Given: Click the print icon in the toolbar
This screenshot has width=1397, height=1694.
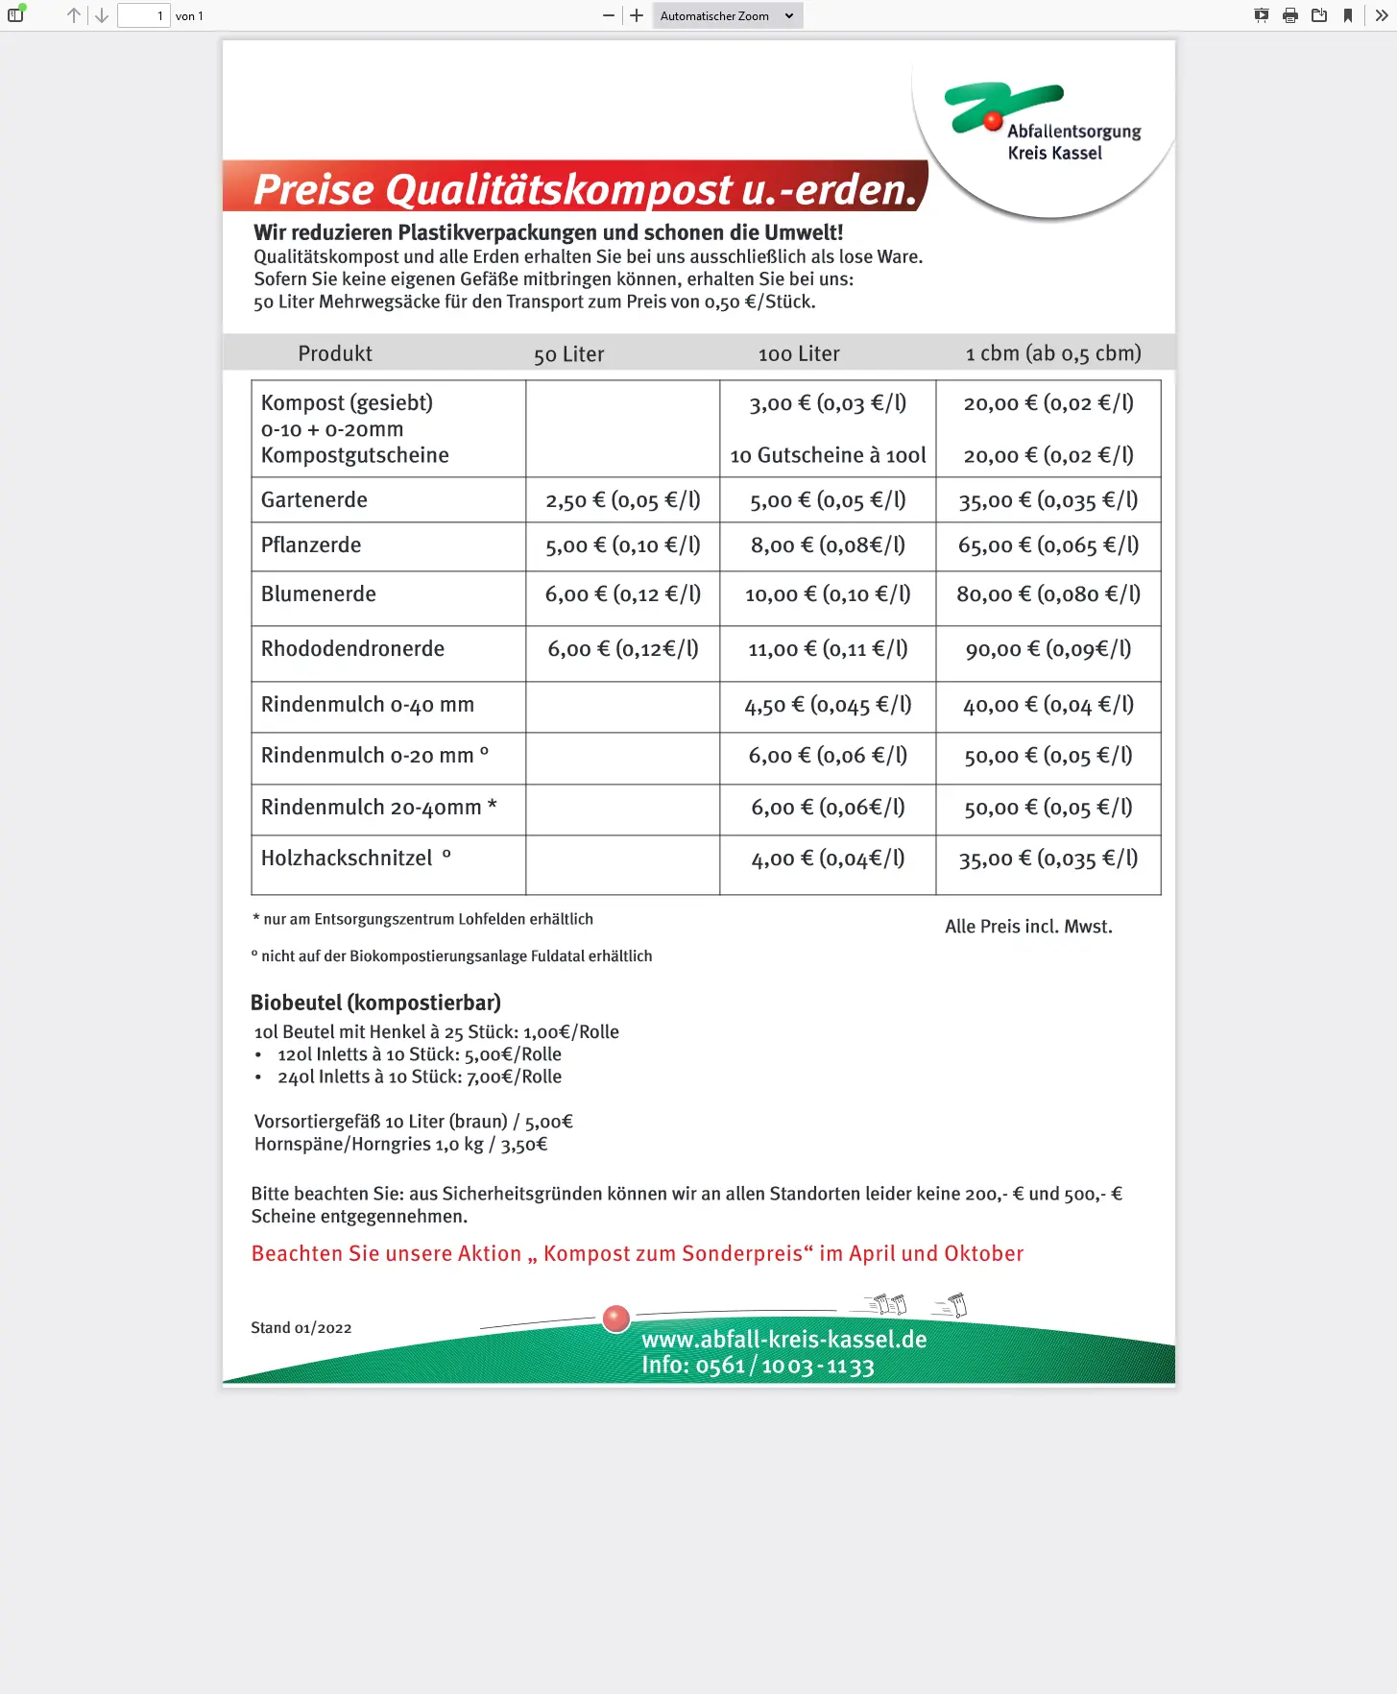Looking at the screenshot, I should click(1290, 15).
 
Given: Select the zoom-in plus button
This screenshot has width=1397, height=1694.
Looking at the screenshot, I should click(637, 15).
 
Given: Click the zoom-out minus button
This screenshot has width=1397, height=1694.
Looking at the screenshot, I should click(609, 15).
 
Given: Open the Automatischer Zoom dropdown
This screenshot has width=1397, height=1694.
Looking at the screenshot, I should click(727, 15).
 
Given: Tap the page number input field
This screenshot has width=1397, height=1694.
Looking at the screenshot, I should click(143, 15).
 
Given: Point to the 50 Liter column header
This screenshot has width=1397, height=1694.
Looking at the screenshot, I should click(568, 354).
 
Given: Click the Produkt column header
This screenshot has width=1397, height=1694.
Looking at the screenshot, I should click(335, 353).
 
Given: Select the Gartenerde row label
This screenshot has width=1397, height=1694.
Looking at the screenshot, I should click(314, 500).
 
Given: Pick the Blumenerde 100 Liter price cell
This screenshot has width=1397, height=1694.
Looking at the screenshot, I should click(828, 594).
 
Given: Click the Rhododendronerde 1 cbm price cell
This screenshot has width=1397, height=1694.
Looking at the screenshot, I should click(1048, 649).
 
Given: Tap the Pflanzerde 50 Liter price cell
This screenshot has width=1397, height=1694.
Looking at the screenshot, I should click(622, 545).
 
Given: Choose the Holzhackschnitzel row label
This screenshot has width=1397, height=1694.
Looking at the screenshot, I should click(347, 859).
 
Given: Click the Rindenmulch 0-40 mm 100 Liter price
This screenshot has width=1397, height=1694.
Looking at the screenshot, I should click(828, 706).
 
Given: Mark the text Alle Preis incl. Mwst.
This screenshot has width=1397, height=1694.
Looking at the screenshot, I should click(1028, 927).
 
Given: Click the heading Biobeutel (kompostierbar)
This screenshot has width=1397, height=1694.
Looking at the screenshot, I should click(375, 1003).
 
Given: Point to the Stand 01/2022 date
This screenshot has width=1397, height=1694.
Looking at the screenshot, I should click(301, 1328).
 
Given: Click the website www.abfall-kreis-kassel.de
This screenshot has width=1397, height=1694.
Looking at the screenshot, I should click(783, 1339).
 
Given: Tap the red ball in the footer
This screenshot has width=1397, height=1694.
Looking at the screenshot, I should click(615, 1319).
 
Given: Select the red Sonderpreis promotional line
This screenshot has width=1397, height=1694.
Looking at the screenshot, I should click(637, 1253).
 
